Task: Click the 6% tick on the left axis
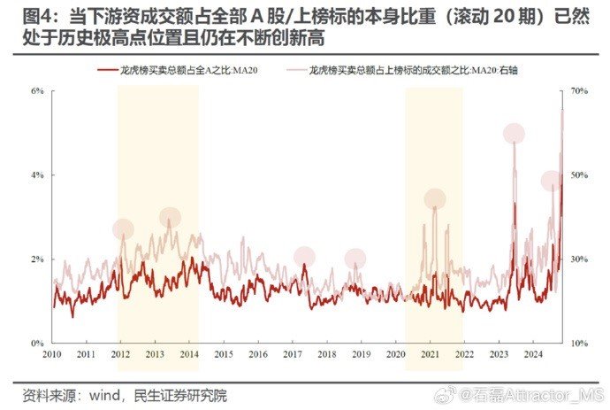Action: (39, 91)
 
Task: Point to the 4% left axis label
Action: (39, 175)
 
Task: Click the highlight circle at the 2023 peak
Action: (514, 134)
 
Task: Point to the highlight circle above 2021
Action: (435, 198)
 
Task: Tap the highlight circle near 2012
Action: (123, 229)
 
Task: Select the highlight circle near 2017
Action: (304, 257)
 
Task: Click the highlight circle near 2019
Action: (355, 259)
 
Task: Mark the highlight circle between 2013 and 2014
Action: (171, 217)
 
